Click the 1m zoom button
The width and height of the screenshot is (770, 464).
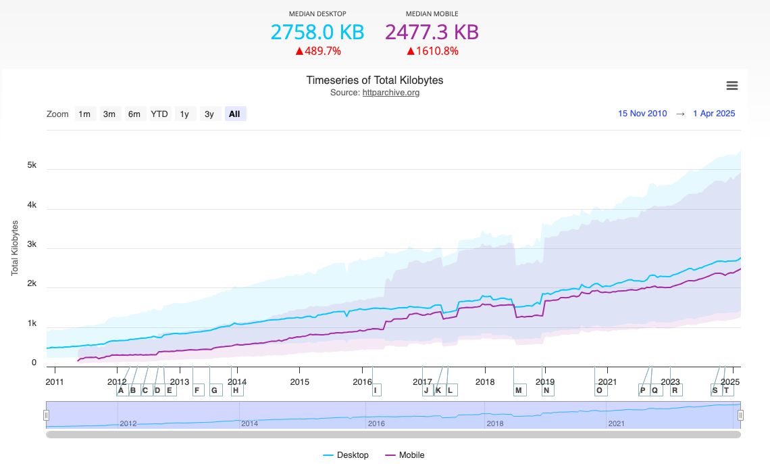pos(84,114)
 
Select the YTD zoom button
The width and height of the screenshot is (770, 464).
pos(159,114)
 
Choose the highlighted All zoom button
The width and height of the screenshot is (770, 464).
pos(234,114)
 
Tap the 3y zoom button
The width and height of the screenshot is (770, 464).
pos(209,114)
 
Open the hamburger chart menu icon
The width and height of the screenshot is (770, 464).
pos(731,86)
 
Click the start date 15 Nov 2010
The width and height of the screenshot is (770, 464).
pos(642,114)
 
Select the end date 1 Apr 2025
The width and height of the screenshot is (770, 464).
pos(714,114)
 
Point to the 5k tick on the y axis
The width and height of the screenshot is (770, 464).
pos(31,166)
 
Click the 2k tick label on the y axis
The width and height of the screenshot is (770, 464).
pos(31,284)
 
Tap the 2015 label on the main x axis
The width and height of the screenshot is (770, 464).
pos(299,381)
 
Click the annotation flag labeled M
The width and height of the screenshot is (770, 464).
pos(519,390)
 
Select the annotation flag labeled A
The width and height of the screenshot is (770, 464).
pos(121,390)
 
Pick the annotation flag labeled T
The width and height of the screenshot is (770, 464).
pos(727,390)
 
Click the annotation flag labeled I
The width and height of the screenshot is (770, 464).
pos(376,390)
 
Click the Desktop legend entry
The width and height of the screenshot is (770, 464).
pos(346,455)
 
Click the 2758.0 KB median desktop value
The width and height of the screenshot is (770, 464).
pos(317,32)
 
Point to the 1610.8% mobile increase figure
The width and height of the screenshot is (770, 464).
pos(432,51)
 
